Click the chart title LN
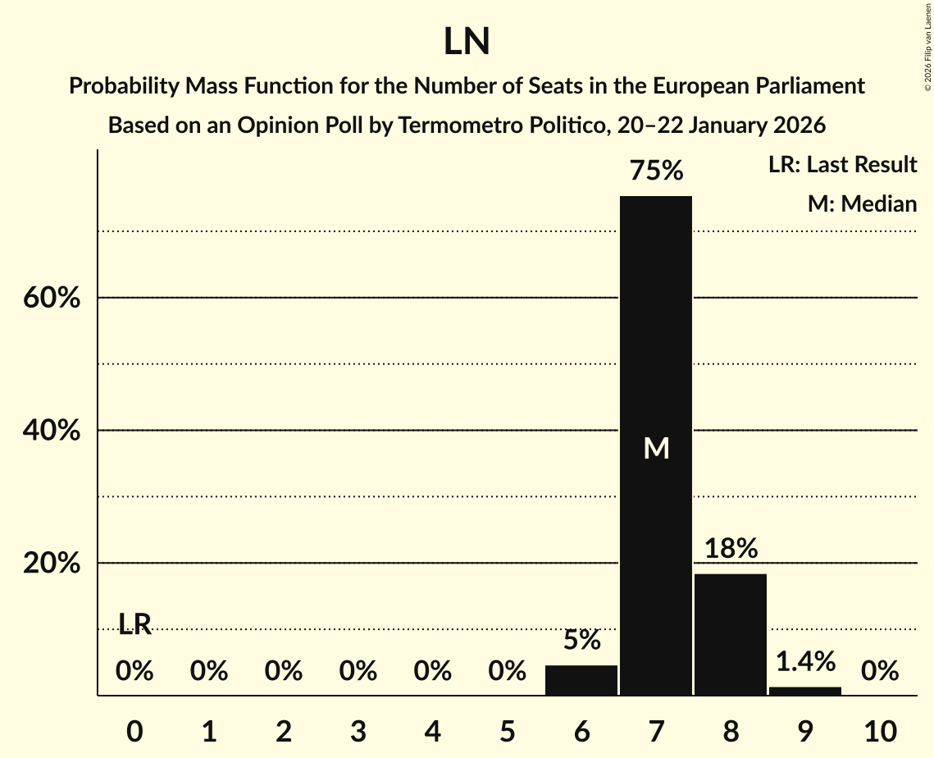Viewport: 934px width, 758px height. [x=467, y=43]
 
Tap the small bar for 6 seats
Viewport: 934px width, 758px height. [x=581, y=680]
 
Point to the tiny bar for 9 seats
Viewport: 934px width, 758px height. [x=804, y=691]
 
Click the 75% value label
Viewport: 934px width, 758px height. [x=655, y=171]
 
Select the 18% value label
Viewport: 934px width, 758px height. [x=730, y=548]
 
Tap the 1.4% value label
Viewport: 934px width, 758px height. [x=804, y=660]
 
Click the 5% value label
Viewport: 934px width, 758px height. [x=581, y=640]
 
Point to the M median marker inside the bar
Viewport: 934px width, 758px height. [x=656, y=448]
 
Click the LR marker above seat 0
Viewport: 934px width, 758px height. [x=134, y=624]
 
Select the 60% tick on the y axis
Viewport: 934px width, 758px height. [x=52, y=298]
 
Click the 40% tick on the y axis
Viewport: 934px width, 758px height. [x=52, y=431]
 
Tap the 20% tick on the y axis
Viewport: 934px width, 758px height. [x=52, y=564]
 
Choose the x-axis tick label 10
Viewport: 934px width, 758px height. [x=879, y=730]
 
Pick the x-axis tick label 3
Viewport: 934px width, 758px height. [x=358, y=730]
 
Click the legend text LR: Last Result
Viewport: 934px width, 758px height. [x=842, y=165]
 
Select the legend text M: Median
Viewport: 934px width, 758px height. [x=862, y=203]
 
